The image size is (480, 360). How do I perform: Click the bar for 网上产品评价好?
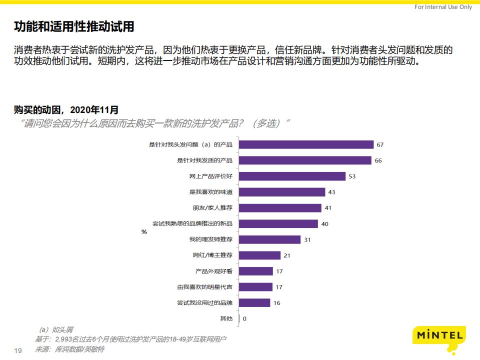tap(292, 176)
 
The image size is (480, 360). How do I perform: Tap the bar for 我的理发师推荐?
tap(270, 239)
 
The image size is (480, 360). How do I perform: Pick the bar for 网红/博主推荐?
tap(260, 255)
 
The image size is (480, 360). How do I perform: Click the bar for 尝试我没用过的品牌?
tap(255, 302)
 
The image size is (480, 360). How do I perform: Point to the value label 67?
tap(380, 145)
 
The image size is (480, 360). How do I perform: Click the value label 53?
tap(352, 176)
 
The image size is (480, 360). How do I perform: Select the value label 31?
tap(307, 240)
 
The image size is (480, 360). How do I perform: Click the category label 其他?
tap(226, 318)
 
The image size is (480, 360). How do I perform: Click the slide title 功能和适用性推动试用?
tap(74, 26)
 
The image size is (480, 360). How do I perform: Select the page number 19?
tap(18, 350)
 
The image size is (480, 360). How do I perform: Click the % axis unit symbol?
tap(144, 231)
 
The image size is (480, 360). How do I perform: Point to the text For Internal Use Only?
tap(443, 7)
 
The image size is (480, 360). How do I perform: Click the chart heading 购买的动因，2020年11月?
tap(66, 109)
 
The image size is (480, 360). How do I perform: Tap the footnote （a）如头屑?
tap(56, 329)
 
